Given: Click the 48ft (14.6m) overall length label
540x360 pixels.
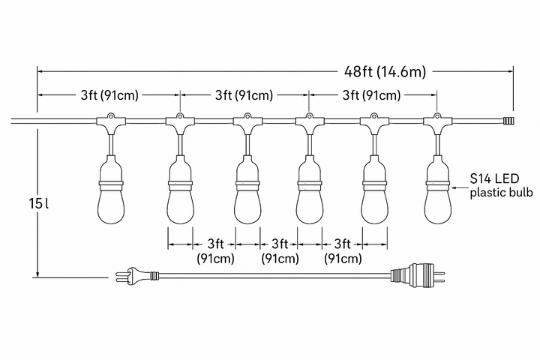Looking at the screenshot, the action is (385, 72).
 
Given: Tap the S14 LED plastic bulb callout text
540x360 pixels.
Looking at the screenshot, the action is (501, 186).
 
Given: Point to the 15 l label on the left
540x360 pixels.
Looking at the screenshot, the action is (38, 203).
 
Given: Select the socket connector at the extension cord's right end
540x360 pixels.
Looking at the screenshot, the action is (418, 274).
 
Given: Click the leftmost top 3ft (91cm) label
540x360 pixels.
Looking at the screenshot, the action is (109, 94).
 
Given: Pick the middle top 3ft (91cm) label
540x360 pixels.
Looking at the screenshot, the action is (244, 94).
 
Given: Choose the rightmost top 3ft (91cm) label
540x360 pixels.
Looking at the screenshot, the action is (371, 94).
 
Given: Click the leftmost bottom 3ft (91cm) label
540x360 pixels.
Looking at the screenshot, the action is (215, 250).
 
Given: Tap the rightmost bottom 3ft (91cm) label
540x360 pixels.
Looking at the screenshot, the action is (343, 250).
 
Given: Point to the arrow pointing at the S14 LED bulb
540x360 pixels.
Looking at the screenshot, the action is (460, 187).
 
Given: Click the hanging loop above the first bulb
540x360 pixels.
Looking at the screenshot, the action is (111, 116).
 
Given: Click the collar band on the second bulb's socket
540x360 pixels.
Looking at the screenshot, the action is (180, 185).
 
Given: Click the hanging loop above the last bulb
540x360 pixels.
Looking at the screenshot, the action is (437, 116).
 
